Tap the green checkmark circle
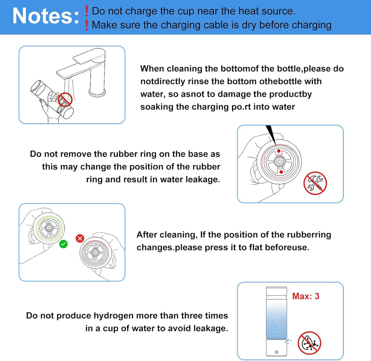click(63, 244)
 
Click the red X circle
click(80, 239)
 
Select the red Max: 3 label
click(306, 296)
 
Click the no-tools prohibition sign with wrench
click(315, 183)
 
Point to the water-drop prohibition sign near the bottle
click(310, 343)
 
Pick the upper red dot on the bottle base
click(279, 151)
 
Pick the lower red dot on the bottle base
click(281, 172)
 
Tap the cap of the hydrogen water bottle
click(276, 291)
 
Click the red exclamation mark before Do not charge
click(87, 11)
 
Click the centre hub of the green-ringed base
click(49, 228)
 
